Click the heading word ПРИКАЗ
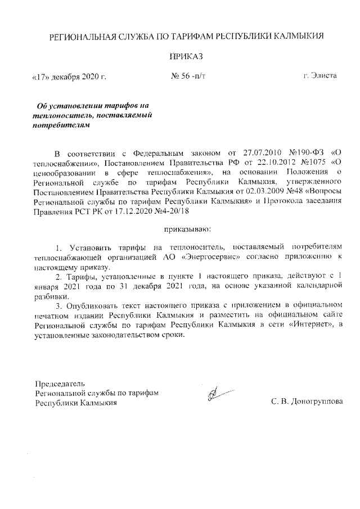point(185,56)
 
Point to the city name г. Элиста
point(320,75)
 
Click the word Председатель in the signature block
point(60,383)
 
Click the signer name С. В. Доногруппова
point(307,402)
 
